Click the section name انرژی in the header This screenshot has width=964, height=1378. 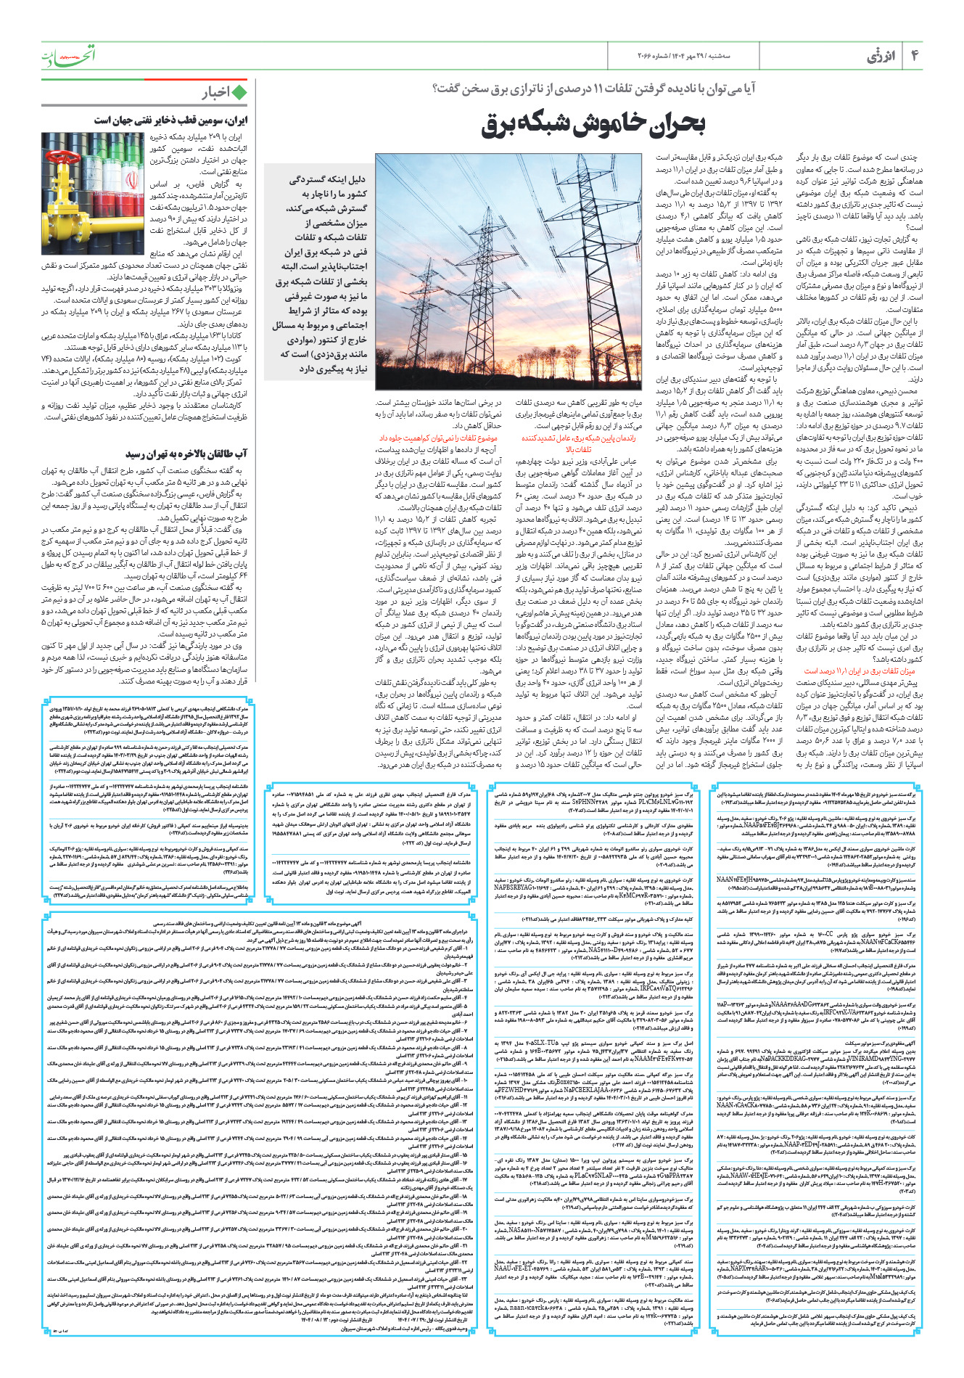tap(881, 56)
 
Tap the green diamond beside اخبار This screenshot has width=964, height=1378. tap(239, 92)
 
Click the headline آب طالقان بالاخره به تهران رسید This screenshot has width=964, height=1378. tap(186, 454)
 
